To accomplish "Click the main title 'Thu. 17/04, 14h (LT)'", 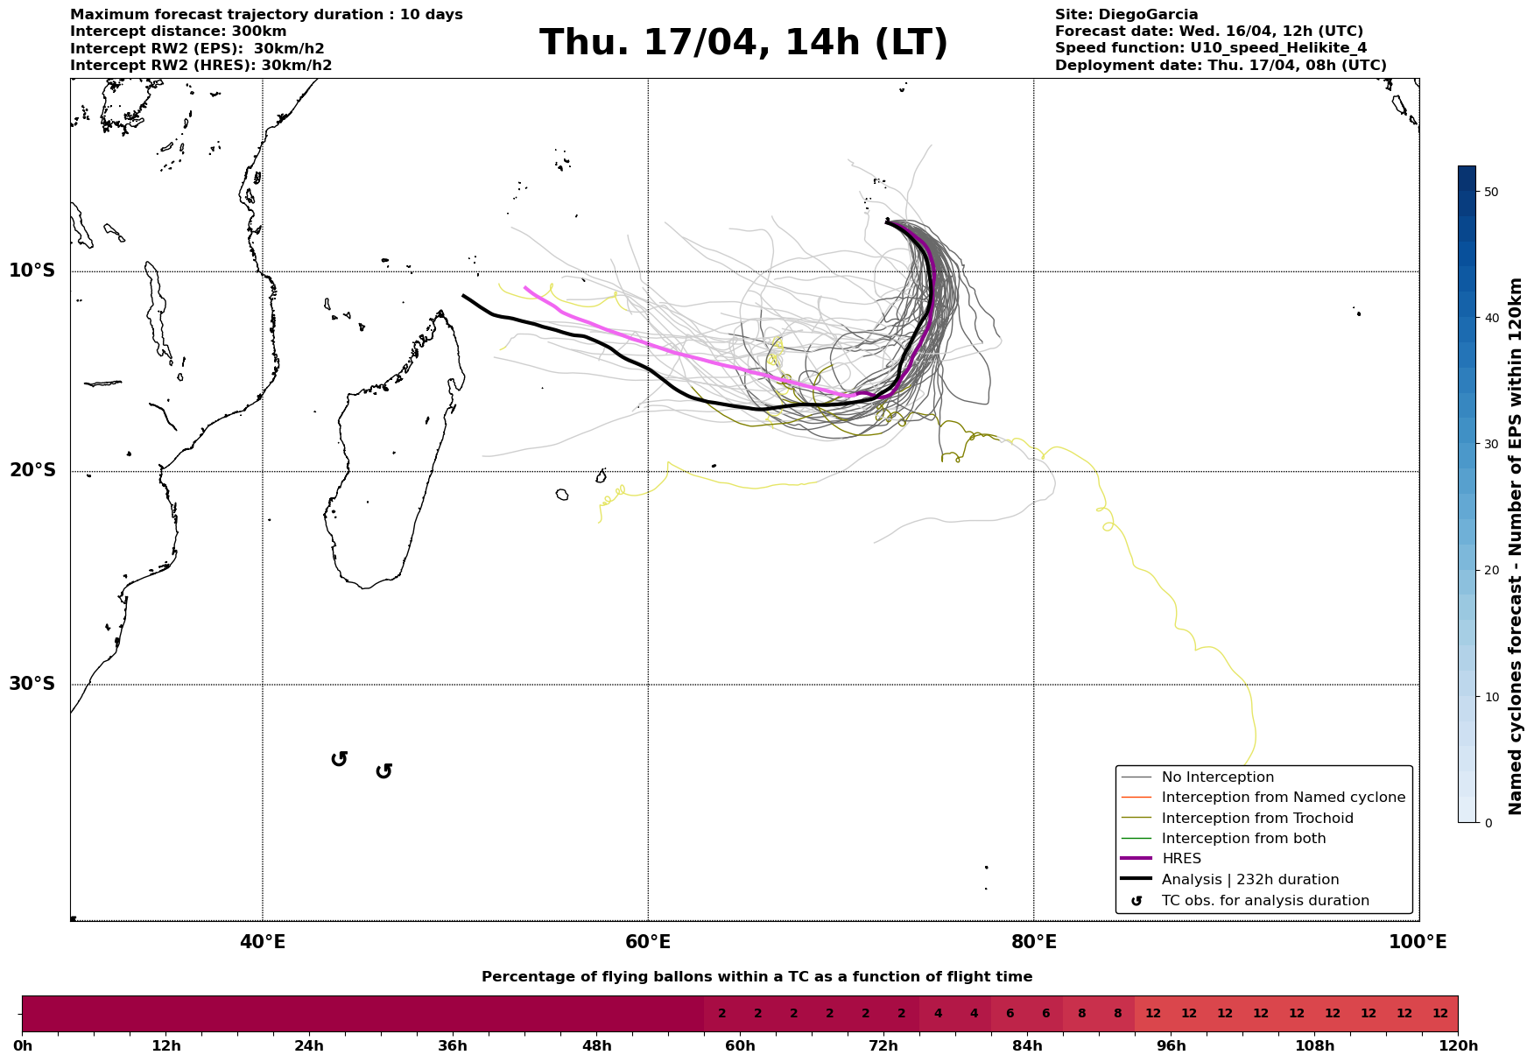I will click(743, 43).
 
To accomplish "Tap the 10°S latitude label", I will click(32, 271).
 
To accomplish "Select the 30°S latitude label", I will click(32, 684).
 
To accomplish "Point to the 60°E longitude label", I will click(648, 942).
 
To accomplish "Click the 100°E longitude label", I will click(1418, 942).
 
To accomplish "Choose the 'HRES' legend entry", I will click(1181, 859).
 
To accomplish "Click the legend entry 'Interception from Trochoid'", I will click(1256, 819).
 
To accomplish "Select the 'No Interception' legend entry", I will click(1217, 777).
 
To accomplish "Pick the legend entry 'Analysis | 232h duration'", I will click(1249, 880).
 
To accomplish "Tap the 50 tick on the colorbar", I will click(1492, 192).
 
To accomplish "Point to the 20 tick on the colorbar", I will click(1492, 571).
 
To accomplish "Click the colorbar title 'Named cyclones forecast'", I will click(1516, 546).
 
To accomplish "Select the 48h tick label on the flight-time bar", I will click(596, 1046).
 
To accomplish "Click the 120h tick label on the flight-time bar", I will click(1458, 1046).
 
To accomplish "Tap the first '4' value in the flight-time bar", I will click(938, 1014).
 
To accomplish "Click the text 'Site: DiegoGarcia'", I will click(1126, 15).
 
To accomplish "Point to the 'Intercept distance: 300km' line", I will click(178, 32).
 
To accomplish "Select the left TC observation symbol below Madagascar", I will click(340, 759).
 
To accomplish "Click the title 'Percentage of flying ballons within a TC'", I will click(756, 977).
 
